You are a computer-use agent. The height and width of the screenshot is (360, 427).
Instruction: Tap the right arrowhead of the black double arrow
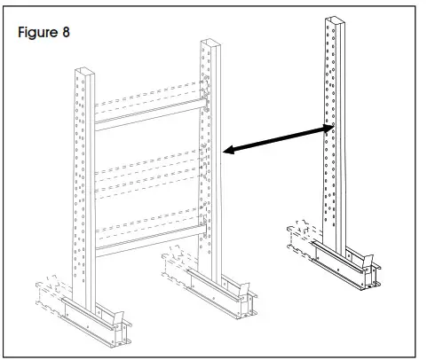329,129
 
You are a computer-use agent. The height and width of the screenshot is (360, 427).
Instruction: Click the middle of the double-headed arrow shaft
277,141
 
